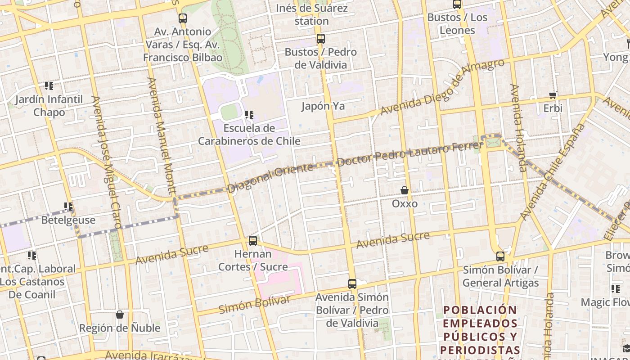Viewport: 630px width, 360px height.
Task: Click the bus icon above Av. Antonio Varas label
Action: pos(182,18)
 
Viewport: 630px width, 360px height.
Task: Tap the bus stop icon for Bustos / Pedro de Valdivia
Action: pos(320,39)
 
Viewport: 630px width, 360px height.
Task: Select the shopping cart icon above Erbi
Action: pos(553,95)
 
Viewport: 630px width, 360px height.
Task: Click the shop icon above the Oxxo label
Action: pos(405,190)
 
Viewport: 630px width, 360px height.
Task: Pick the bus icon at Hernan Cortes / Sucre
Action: pos(253,241)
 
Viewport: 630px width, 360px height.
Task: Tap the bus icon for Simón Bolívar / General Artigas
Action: pos(500,256)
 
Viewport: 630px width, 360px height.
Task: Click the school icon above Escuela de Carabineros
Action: pos(249,115)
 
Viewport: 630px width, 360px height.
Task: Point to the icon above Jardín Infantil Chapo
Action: pos(49,85)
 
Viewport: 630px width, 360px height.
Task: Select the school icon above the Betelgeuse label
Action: pos(68,207)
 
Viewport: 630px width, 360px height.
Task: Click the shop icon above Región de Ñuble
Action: pos(120,315)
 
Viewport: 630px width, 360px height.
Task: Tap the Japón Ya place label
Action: pos(323,106)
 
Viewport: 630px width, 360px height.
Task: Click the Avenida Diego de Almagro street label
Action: pos(442,87)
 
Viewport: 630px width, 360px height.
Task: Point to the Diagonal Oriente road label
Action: pos(270,178)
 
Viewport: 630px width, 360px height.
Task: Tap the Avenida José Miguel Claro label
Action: pos(106,162)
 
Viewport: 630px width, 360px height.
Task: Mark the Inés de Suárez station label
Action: pos(311,14)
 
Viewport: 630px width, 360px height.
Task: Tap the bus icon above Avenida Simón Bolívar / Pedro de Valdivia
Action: pos(352,284)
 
